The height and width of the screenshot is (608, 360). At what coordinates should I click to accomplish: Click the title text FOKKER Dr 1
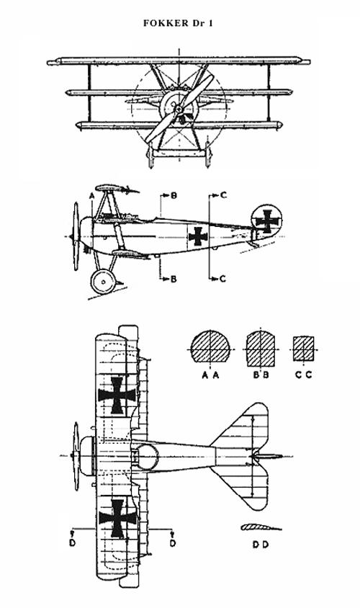(x=179, y=23)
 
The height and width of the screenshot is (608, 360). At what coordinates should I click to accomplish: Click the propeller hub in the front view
(x=179, y=109)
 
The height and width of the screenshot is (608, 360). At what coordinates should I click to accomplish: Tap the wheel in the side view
(x=103, y=282)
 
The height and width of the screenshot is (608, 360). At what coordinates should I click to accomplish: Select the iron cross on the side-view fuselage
(x=198, y=236)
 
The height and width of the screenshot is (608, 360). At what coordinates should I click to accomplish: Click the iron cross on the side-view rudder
(x=267, y=221)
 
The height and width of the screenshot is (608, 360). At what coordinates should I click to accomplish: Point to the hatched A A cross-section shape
(x=210, y=347)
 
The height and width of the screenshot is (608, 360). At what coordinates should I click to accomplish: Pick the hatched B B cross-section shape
(x=261, y=349)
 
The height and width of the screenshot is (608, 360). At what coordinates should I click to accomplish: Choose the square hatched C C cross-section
(x=303, y=349)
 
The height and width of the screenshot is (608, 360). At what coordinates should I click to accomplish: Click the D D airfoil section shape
(x=261, y=527)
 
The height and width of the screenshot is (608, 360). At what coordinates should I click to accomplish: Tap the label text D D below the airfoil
(x=261, y=545)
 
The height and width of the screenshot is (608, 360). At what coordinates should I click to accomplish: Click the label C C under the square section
(x=303, y=375)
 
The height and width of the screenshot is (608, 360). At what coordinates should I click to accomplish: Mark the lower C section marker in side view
(x=217, y=279)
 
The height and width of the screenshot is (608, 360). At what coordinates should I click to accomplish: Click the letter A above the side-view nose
(x=92, y=196)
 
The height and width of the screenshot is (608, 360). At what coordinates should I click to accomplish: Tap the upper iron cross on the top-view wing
(x=117, y=395)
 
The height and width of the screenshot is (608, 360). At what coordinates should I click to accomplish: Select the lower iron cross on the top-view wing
(x=117, y=519)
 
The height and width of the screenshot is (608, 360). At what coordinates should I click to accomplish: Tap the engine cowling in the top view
(x=88, y=456)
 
